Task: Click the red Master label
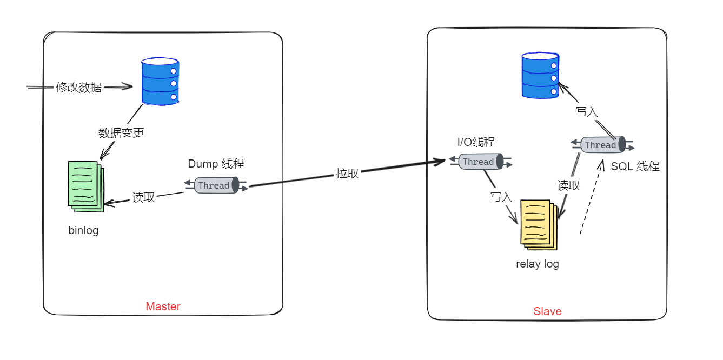pyautogui.click(x=163, y=306)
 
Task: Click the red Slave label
pyautogui.click(x=547, y=311)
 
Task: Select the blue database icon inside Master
pyautogui.click(x=160, y=82)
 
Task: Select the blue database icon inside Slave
pyautogui.click(x=540, y=75)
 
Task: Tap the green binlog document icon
pyautogui.click(x=85, y=185)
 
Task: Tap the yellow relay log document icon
pyautogui.click(x=538, y=224)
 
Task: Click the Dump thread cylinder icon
pyautogui.click(x=216, y=185)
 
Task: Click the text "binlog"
pyautogui.click(x=83, y=230)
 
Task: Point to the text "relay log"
pyautogui.click(x=537, y=264)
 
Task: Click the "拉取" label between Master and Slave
pyautogui.click(x=347, y=174)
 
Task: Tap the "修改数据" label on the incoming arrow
pyautogui.click(x=79, y=87)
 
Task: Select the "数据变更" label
pyautogui.click(x=121, y=132)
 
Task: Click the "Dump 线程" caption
pyautogui.click(x=216, y=164)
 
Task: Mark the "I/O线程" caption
pyautogui.click(x=476, y=142)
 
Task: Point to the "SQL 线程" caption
pyautogui.click(x=635, y=166)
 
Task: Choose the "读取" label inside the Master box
pyautogui.click(x=143, y=198)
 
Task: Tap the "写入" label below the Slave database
pyautogui.click(x=587, y=112)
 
